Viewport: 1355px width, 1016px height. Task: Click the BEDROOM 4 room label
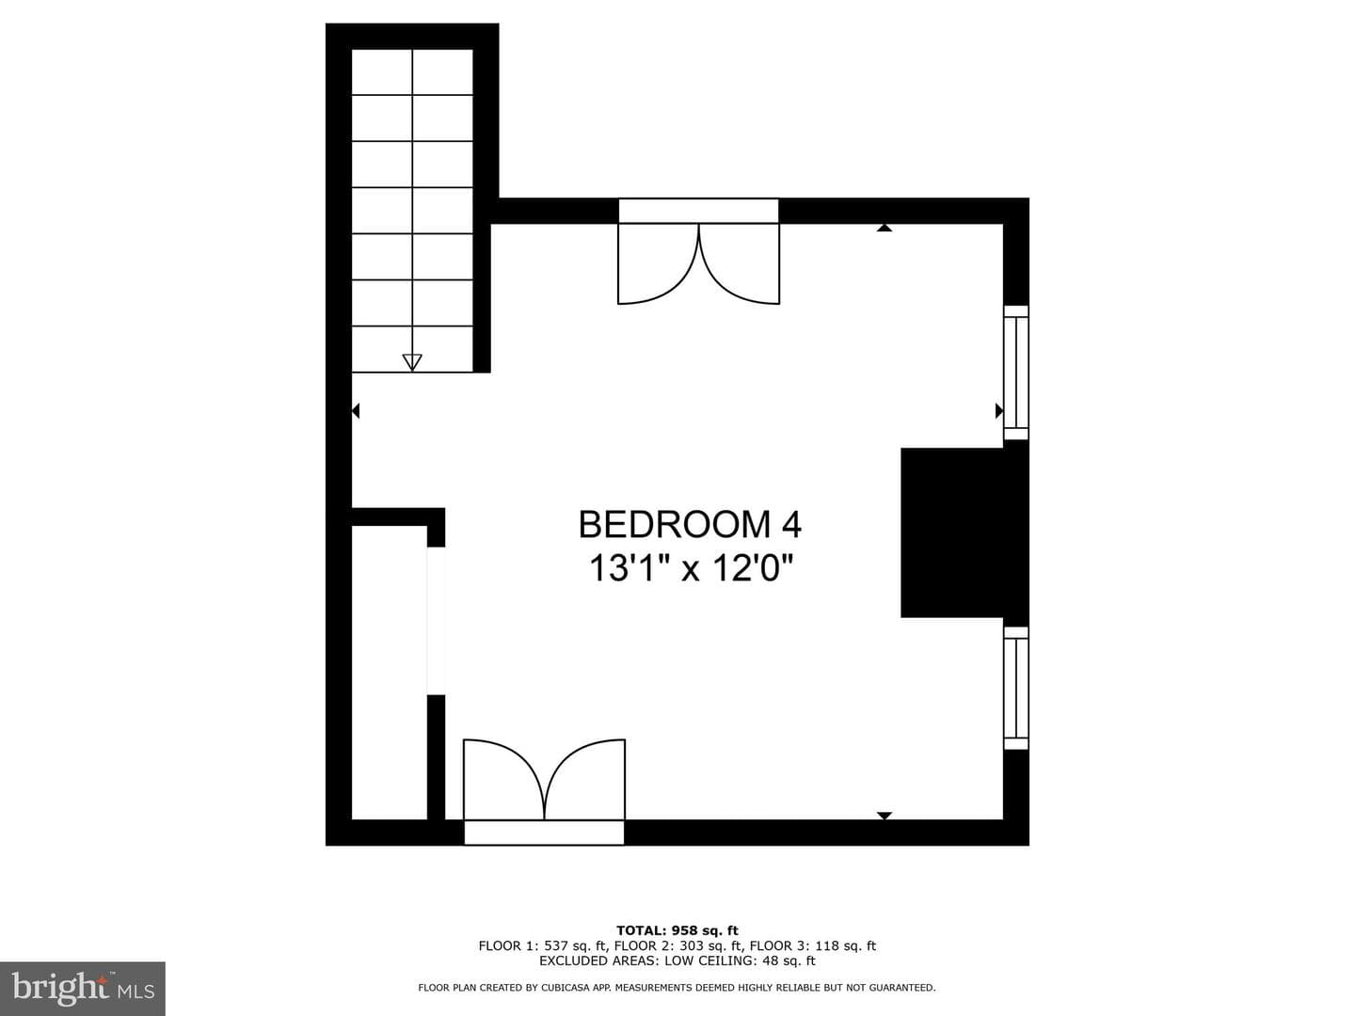(690, 524)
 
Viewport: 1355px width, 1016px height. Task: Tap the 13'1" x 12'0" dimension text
(690, 567)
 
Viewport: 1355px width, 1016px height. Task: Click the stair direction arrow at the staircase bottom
(412, 362)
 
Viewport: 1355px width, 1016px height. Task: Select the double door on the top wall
(699, 251)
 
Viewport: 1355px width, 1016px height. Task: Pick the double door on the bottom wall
(544, 791)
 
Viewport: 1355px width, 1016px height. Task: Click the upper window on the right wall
(1015, 373)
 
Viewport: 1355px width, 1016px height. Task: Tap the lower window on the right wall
(1015, 689)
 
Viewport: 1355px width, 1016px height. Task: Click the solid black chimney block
(964, 533)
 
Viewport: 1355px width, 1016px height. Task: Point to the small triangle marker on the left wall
(356, 410)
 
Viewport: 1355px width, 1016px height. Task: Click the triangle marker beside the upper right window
(998, 410)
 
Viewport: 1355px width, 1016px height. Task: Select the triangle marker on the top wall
(885, 228)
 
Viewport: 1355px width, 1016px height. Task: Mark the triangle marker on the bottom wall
(885, 816)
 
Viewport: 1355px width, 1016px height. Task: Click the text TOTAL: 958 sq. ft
(677, 930)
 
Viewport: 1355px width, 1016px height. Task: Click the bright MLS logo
(83, 988)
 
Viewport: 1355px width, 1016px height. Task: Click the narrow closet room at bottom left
(389, 673)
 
